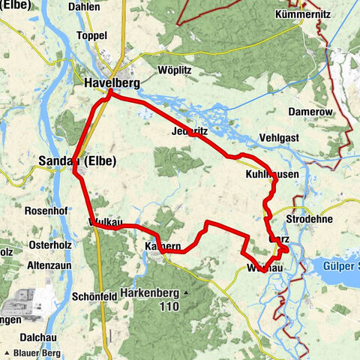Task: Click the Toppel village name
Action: click(x=92, y=35)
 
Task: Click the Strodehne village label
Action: click(x=308, y=218)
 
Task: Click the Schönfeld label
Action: click(x=94, y=296)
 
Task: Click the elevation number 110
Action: click(x=169, y=307)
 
